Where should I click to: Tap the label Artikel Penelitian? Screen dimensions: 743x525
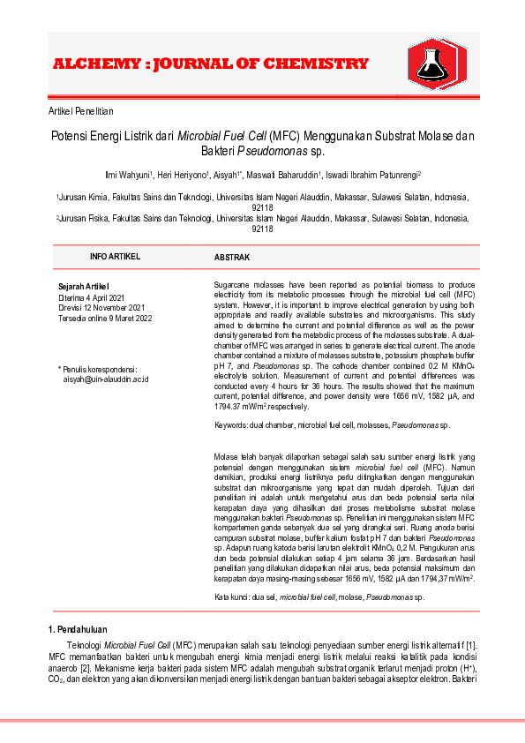80,111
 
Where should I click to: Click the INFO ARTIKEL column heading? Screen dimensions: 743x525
115,256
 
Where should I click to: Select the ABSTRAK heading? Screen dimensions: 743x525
232,257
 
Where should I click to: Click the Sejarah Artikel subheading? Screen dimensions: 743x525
83,286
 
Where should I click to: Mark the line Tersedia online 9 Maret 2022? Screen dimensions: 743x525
104,318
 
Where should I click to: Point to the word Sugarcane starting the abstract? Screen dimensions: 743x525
232,286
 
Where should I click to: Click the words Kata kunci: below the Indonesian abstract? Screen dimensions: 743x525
234,597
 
